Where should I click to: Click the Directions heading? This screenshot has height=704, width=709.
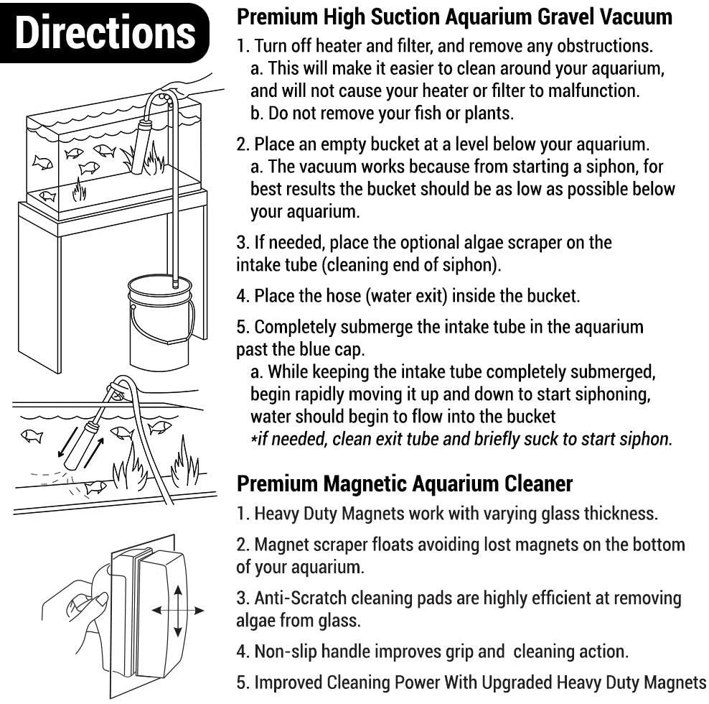tap(104, 33)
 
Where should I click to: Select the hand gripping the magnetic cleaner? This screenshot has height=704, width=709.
tap(75, 611)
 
